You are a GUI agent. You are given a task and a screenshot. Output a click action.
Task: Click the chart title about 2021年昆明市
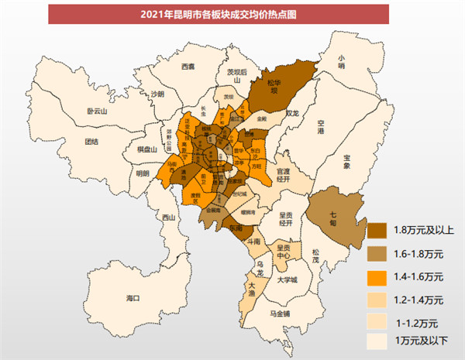pyautogui.click(x=232, y=13)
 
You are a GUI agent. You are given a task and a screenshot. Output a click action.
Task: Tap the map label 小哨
pyautogui.click(x=342, y=61)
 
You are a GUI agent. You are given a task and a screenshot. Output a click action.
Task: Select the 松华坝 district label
pyautogui.click(x=273, y=86)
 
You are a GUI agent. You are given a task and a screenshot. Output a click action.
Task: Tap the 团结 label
pyautogui.click(x=91, y=142)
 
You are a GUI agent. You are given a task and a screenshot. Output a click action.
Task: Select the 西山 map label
pyautogui.click(x=168, y=219)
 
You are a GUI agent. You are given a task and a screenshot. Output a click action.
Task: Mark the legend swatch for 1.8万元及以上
pyautogui.click(x=380, y=231)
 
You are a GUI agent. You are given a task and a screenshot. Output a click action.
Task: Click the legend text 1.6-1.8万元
pyautogui.click(x=418, y=254)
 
